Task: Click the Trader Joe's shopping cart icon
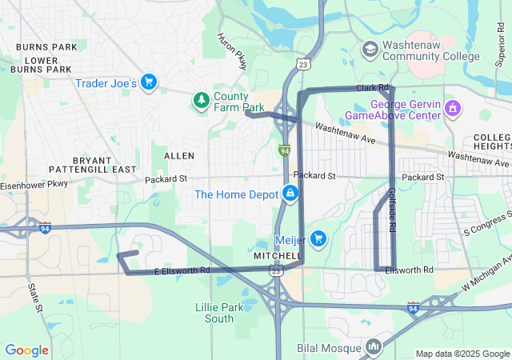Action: pyautogui.click(x=148, y=82)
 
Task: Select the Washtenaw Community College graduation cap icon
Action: pyautogui.click(x=370, y=50)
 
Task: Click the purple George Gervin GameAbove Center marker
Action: pyautogui.click(x=454, y=108)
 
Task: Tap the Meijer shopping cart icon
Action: pyautogui.click(x=318, y=238)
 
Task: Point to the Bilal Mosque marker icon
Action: pyautogui.click(x=373, y=346)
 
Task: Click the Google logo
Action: pyautogui.click(x=26, y=350)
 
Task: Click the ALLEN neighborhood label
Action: pyautogui.click(x=178, y=154)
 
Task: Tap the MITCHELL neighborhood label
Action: pyautogui.click(x=276, y=256)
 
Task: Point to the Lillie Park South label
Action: pyautogui.click(x=214, y=313)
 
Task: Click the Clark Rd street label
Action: pyautogui.click(x=372, y=86)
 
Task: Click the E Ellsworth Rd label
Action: pyautogui.click(x=182, y=270)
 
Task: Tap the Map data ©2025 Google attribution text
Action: pyautogui.click(x=462, y=354)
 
